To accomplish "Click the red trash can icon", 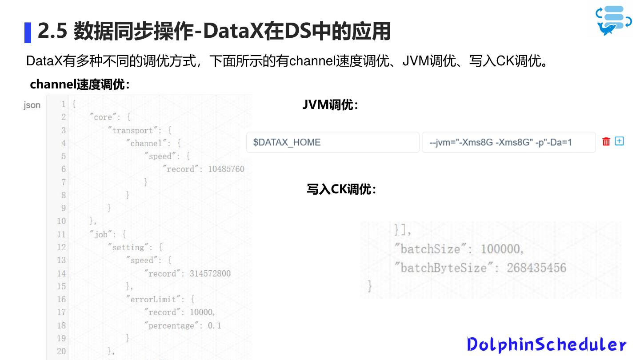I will pos(606,141).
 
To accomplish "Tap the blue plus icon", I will pos(619,141).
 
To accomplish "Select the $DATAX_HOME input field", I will pos(332,142).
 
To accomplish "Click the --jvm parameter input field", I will pos(508,142).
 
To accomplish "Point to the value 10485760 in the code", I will pos(226,169).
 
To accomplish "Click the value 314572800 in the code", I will pos(210,273).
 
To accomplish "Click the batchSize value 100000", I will pos(501,249).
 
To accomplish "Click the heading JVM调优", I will pos(330,105).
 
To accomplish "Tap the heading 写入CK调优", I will pos(341,189).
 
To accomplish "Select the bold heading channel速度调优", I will pos(80,84).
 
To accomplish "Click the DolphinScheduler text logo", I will pos(546,344).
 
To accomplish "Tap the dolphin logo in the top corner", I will pos(613,20).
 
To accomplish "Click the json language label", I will pos(32,105).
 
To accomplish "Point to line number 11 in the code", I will pos(61,234).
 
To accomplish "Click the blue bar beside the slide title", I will pos(28,32).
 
